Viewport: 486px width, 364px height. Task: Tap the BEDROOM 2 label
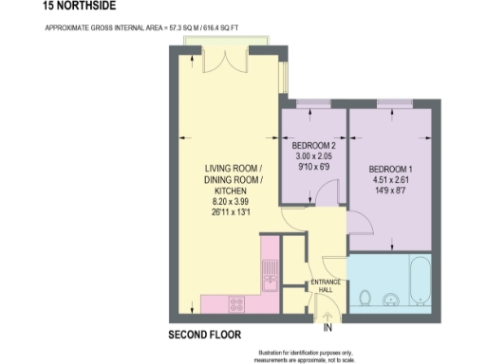[x=313, y=145]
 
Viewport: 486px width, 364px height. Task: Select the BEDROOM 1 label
[x=390, y=170]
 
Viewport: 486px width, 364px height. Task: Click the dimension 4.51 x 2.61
[x=390, y=181]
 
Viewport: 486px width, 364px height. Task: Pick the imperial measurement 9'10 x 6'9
[x=313, y=166]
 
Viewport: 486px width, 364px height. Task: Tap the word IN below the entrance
[x=328, y=328]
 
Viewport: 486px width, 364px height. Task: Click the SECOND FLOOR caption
[x=204, y=335]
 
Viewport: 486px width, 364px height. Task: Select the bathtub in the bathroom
[x=421, y=280]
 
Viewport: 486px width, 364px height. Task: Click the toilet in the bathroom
[x=365, y=299]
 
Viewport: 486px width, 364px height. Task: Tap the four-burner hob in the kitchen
[x=235, y=304]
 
